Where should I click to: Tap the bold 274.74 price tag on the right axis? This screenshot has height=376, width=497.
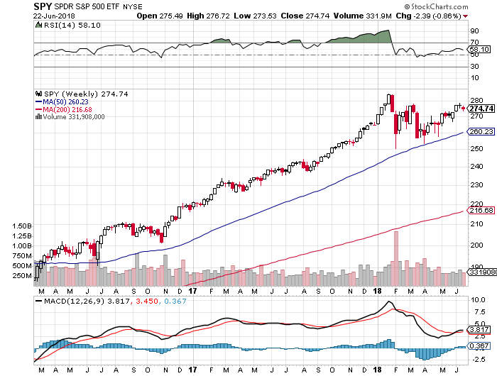(x=481, y=108)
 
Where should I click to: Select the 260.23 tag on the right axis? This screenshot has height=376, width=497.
(x=481, y=131)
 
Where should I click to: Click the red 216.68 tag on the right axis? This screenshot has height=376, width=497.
(x=481, y=211)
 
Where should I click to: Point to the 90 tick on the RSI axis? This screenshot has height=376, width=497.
(x=474, y=31)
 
